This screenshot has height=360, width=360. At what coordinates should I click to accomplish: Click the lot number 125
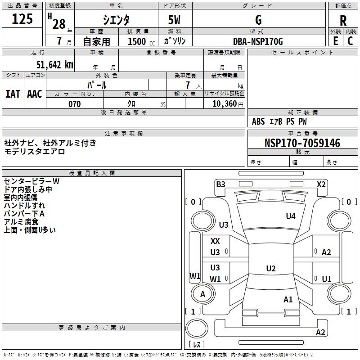22,19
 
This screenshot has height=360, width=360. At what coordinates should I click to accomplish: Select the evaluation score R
343,21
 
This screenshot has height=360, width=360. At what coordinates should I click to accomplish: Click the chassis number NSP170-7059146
302,144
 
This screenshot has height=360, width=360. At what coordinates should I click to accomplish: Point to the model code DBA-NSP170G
258,41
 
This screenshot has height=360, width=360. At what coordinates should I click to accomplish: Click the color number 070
74,104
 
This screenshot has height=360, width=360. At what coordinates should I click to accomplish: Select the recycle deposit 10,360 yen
225,104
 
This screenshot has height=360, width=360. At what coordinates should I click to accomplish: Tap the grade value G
258,20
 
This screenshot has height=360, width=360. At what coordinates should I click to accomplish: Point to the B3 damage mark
220,184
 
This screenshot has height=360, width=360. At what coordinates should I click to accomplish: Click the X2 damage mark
321,184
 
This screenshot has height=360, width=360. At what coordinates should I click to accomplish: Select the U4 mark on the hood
291,216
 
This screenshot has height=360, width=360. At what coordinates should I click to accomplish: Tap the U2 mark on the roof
270,269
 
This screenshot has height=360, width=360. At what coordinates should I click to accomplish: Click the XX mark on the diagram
215,242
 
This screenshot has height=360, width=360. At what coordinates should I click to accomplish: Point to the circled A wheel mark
202,294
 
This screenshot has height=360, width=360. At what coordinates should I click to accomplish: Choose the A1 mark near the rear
288,299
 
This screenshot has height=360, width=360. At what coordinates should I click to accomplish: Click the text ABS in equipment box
258,121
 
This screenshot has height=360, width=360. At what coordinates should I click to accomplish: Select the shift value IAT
13,94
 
